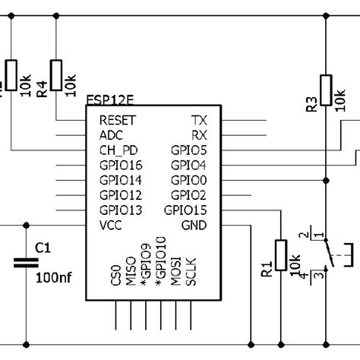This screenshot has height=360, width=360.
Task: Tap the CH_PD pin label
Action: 118,150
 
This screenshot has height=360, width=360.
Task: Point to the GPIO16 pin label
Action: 121,165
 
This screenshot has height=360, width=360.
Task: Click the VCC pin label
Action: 112,225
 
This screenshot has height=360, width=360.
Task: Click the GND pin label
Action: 194,225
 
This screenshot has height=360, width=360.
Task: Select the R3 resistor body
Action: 325,90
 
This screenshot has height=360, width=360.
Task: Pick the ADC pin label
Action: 111,134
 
